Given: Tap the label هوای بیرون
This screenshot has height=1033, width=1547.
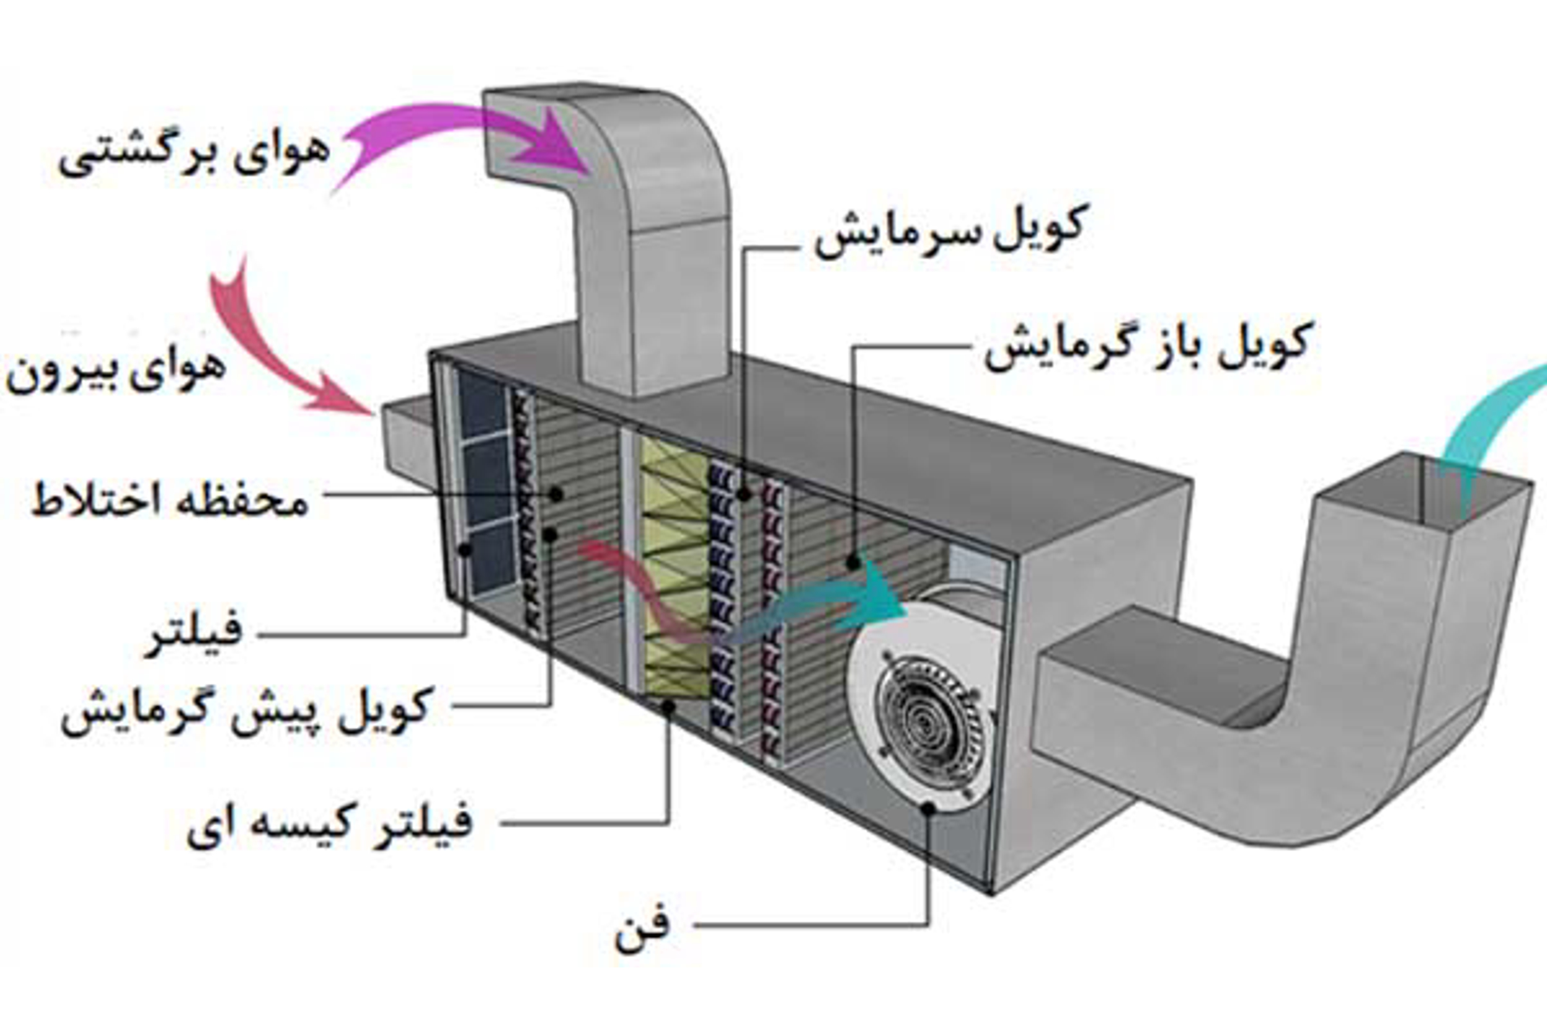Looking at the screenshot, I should pyautogui.click(x=116, y=372).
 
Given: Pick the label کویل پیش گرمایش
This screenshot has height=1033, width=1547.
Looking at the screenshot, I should pyautogui.click(x=248, y=711).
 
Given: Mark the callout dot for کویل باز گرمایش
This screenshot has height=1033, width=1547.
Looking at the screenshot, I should pyautogui.click(x=853, y=564).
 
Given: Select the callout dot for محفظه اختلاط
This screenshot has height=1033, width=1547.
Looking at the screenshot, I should pyautogui.click(x=557, y=494).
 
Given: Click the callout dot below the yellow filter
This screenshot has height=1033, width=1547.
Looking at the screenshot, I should pyautogui.click(x=668, y=707).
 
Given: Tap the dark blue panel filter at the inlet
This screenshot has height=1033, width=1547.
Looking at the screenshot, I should pyautogui.click(x=485, y=481).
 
